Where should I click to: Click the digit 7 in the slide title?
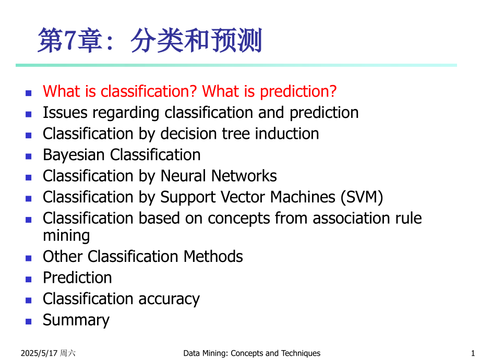(70, 40)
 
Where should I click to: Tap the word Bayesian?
(74, 155)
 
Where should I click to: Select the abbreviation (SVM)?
(362, 197)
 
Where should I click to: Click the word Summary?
(76, 320)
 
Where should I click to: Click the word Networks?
(244, 176)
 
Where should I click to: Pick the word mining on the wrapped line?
(66, 236)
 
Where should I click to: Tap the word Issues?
(65, 113)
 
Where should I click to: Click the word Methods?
(213, 257)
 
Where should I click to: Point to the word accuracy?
(169, 299)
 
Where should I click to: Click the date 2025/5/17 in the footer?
(39, 353)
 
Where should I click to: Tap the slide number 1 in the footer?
(473, 353)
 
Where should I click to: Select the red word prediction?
(298, 91)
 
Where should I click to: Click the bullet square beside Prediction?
(29, 279)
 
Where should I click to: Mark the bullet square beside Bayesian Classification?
(29, 157)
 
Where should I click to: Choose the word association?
(351, 219)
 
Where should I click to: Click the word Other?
(63, 257)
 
